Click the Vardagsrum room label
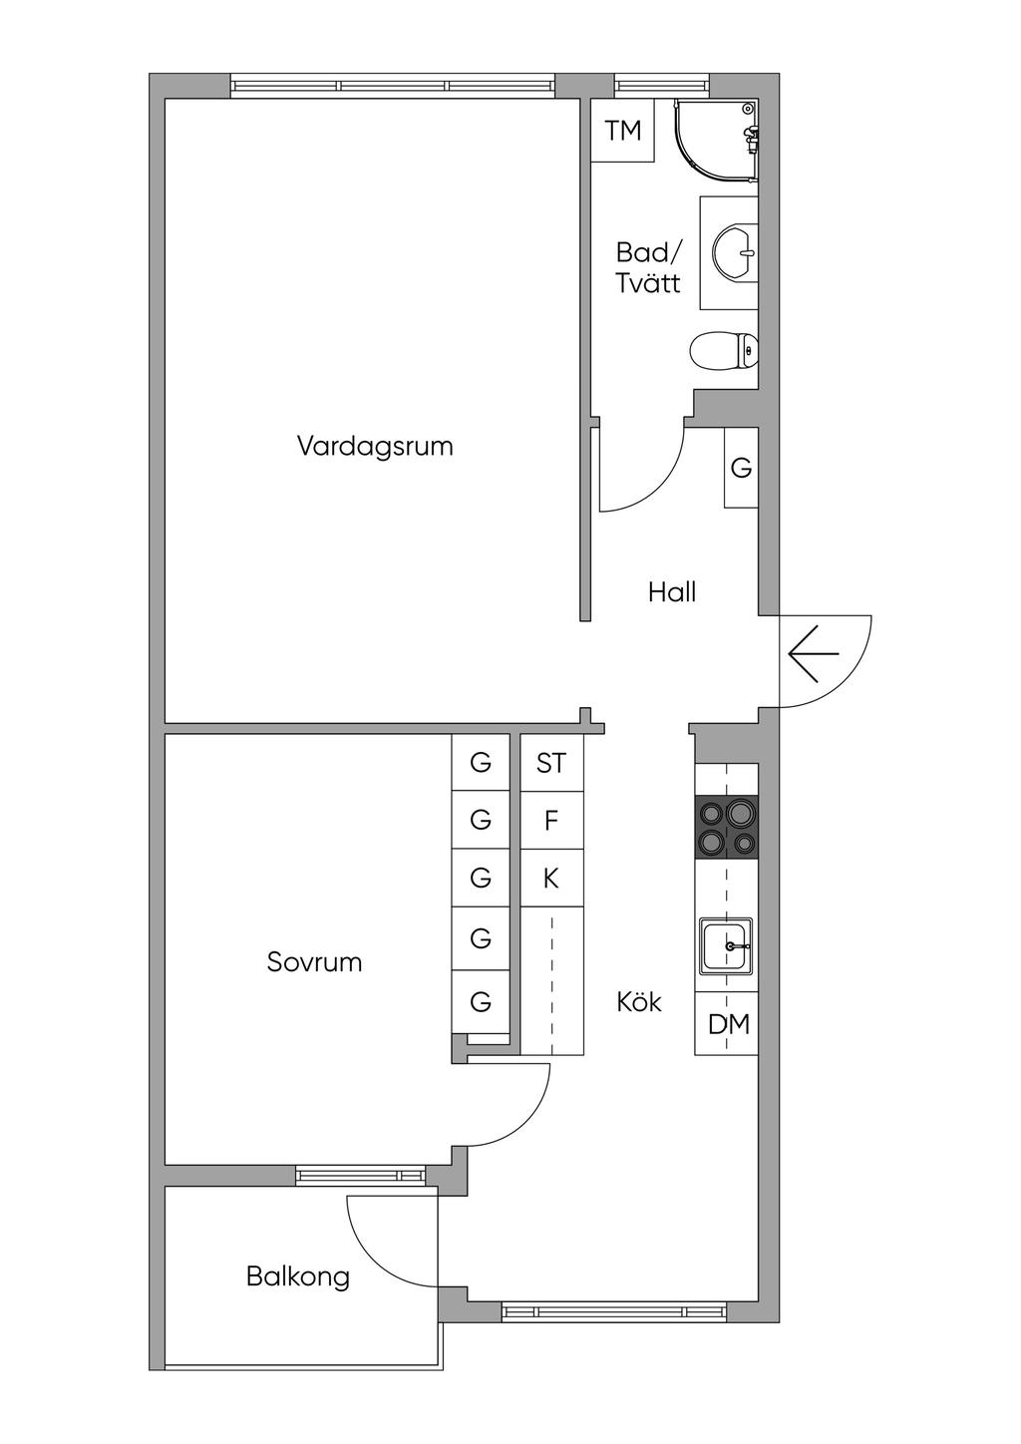pyautogui.click(x=375, y=446)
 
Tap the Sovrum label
pyautogui.click(x=314, y=962)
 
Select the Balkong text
pyautogui.click(x=298, y=1276)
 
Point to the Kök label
pyautogui.click(x=639, y=1001)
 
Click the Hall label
pyautogui.click(x=671, y=592)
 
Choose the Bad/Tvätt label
pyautogui.click(x=648, y=267)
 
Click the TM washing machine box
pyautogui.click(x=623, y=131)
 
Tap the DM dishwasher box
pyautogui.click(x=728, y=1024)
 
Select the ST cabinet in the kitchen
pyautogui.click(x=551, y=763)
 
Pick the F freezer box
pyautogui.click(x=551, y=821)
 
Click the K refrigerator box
pyautogui.click(x=551, y=879)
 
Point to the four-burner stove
pyautogui.click(x=727, y=828)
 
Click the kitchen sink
pyautogui.click(x=726, y=945)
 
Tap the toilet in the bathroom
pyautogui.click(x=724, y=351)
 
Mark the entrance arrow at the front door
pyautogui.click(x=814, y=654)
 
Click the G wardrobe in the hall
pyautogui.click(x=741, y=468)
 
